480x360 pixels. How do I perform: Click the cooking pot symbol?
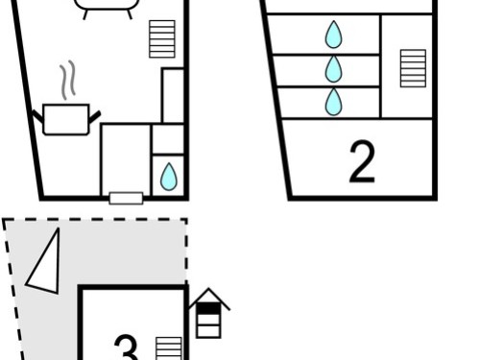66,119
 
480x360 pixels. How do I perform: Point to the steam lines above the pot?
67,80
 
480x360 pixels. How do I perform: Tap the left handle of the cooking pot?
37,116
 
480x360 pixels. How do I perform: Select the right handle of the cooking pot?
95,117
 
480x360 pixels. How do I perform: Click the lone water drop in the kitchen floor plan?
169,177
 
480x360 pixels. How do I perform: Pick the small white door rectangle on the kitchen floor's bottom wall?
126,198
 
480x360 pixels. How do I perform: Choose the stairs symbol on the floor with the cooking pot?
162,39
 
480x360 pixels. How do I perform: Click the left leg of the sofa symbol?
85,14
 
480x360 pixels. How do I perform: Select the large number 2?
362,162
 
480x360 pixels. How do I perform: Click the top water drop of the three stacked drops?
333,35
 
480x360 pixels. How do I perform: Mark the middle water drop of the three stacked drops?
333,69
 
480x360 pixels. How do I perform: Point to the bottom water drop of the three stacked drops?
333,102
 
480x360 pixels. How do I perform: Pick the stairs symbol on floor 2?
413,68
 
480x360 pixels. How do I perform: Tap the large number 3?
127,348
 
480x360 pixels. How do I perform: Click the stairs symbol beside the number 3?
169,348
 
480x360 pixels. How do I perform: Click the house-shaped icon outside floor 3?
208,313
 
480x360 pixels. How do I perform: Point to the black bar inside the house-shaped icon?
208,309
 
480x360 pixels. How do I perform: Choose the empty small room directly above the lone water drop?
168,139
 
